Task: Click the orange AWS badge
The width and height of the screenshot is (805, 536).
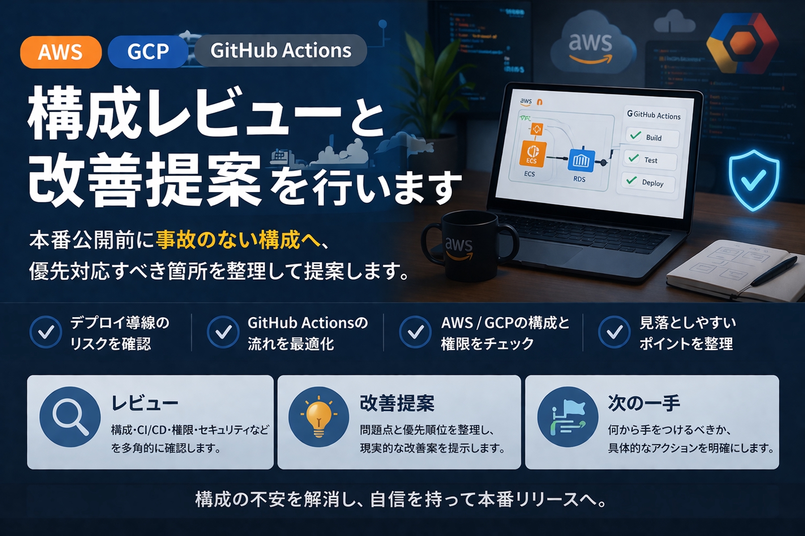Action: coord(60,52)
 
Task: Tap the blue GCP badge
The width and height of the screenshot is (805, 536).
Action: coord(147,51)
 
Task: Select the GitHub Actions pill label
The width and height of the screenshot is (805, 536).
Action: coord(280,50)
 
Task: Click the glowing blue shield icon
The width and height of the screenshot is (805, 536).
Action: coord(753,180)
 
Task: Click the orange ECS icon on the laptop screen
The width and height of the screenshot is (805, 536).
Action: coord(532,153)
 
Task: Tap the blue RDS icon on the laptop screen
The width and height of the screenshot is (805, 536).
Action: coord(581,161)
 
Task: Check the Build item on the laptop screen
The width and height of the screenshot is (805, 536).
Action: coord(652,137)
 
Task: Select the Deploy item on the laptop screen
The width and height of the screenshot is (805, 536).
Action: coord(649,183)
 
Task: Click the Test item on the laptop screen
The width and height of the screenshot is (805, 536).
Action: coord(650,160)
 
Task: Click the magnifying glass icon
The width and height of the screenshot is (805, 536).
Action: coord(70,417)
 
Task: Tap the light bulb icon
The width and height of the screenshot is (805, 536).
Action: coord(318,417)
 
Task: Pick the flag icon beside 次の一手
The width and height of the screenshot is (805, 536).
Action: coord(568,417)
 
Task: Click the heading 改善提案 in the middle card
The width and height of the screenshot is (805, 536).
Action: coord(397,403)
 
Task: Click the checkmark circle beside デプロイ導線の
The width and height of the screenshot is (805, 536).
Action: coord(46,332)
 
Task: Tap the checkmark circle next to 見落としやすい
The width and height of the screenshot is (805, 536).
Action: coord(614,332)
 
